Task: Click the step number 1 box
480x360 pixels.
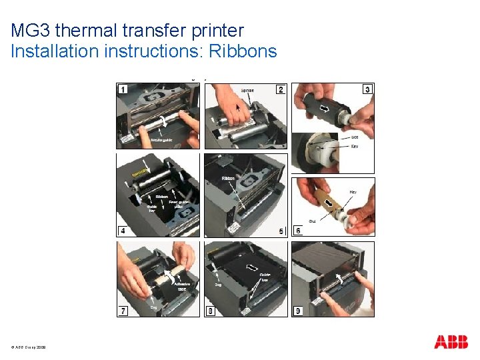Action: coord(123,89)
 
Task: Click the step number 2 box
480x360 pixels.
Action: coord(281,89)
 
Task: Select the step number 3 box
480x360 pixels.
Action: coord(367,89)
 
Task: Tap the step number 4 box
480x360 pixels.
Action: coord(123,231)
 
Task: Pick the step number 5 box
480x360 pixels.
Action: coord(281,231)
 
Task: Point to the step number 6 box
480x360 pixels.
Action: coord(298,231)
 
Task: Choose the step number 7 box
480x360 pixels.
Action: coord(123,311)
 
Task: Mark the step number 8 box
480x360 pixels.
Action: coord(211,311)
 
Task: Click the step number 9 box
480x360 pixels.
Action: coord(298,311)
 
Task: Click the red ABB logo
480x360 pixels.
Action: coord(451,342)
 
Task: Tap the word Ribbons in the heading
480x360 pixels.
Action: coord(242,51)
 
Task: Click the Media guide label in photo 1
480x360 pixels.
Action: coord(161,140)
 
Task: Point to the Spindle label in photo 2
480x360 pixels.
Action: coord(247,90)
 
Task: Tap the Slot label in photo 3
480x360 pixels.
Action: coord(355,137)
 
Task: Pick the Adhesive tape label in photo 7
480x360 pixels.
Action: coord(182,286)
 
